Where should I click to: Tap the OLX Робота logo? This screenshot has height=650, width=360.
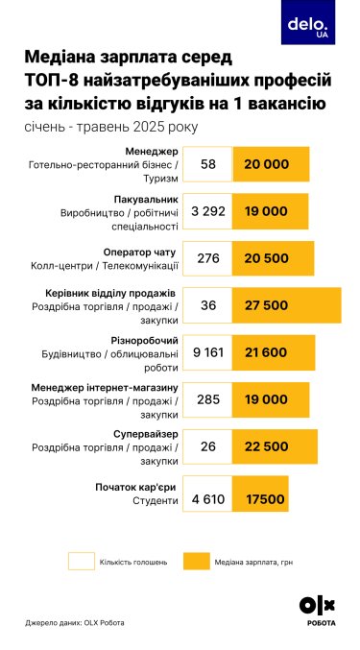318,612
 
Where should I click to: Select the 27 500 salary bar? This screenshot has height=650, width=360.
287,305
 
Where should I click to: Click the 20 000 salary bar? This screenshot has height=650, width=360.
271,164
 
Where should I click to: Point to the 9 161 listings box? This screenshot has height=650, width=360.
207,352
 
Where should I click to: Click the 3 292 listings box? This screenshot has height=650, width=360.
207,211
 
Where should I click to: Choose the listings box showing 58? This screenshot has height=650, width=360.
207,164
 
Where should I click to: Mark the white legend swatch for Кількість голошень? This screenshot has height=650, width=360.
88,560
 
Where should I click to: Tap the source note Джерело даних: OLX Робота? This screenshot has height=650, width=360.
75,622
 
